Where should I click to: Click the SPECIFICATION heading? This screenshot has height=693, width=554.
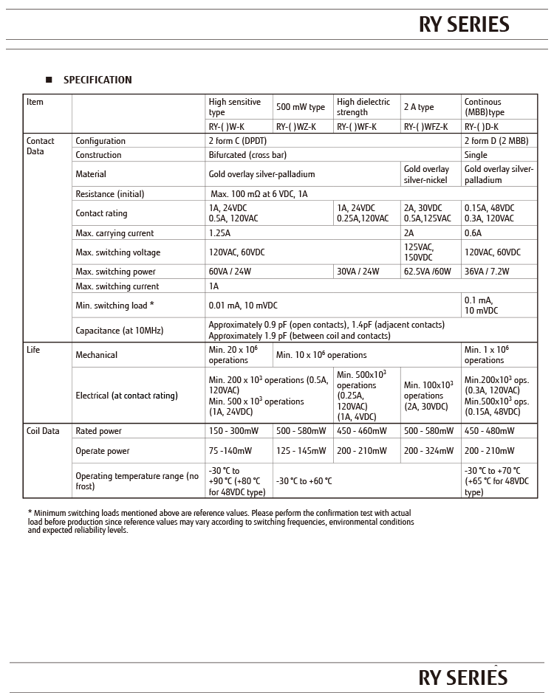tap(98, 80)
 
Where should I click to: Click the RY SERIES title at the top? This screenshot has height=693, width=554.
tap(464, 25)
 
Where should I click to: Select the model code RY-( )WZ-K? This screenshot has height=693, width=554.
tap(296, 127)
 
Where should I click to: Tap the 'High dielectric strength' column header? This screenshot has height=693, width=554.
tap(363, 107)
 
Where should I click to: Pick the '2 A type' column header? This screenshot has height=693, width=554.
tap(419, 107)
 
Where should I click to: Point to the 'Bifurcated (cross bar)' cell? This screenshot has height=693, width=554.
tap(247, 155)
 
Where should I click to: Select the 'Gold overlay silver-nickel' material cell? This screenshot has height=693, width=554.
tap(426, 174)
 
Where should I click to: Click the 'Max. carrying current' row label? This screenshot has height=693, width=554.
tap(114, 233)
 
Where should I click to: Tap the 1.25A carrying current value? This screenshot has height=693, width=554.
tap(219, 233)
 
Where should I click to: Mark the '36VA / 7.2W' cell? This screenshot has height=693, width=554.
tap(487, 272)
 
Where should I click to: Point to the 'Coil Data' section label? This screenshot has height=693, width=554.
tap(43, 431)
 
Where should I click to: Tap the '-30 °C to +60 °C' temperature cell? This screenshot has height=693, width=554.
tap(304, 481)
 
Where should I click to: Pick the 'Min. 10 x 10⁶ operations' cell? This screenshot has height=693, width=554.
tap(321, 355)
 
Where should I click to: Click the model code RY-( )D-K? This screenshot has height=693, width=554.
tap(482, 127)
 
